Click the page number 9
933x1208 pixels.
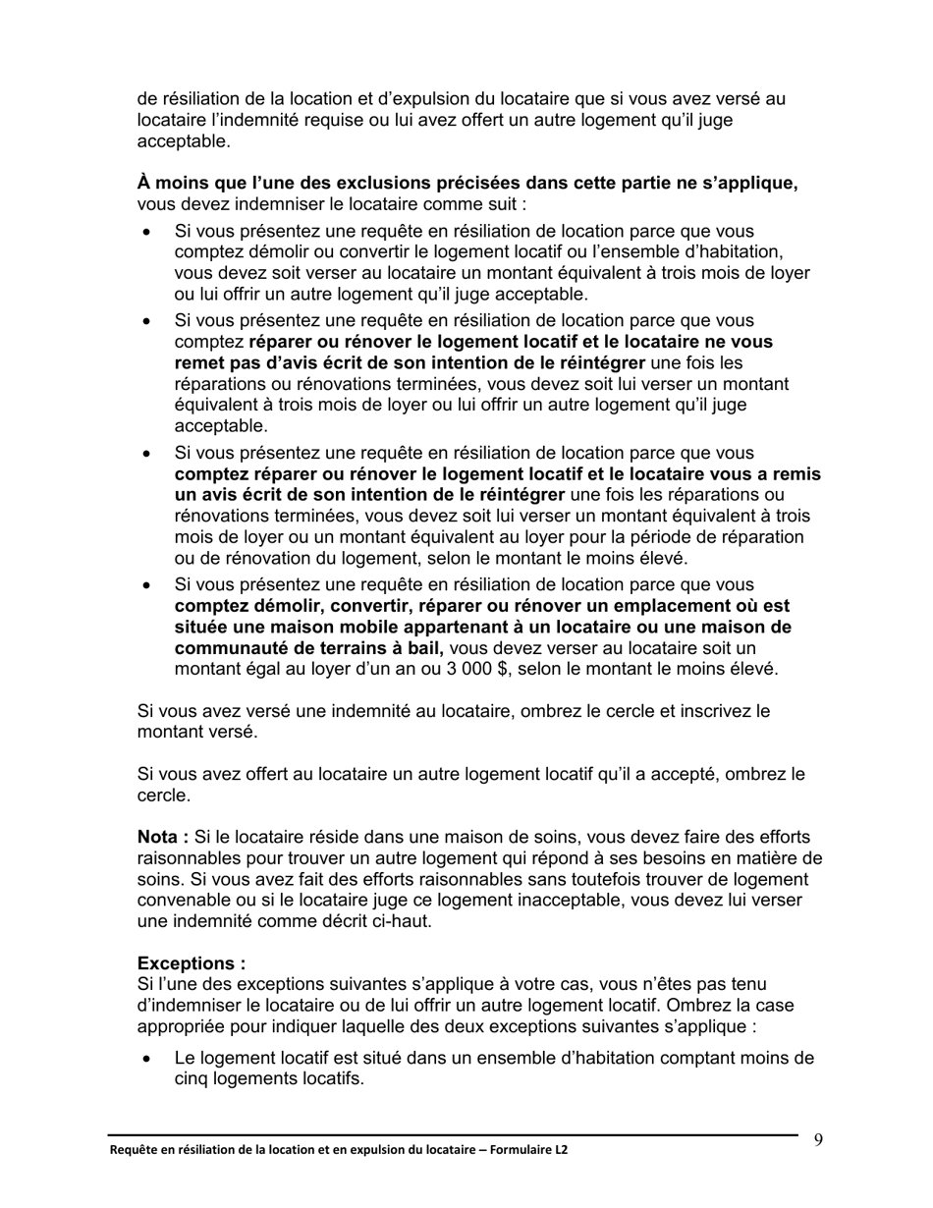(x=818, y=1139)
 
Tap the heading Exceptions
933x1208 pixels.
(x=192, y=962)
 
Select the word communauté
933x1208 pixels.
(x=229, y=648)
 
